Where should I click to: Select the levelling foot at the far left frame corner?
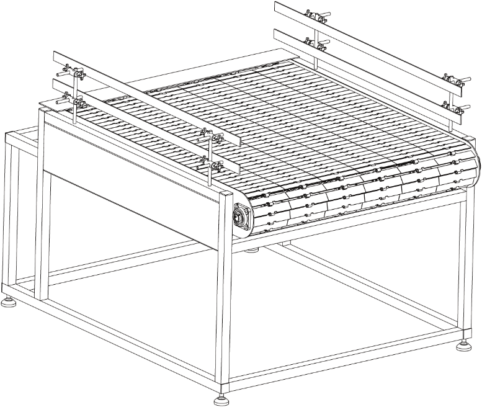tap(8, 303)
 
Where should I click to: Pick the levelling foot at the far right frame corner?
tap(463, 346)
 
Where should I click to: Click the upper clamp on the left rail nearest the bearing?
tap(205, 135)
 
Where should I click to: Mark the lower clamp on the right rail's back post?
tap(315, 44)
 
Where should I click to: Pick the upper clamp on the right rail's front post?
tap(451, 81)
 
